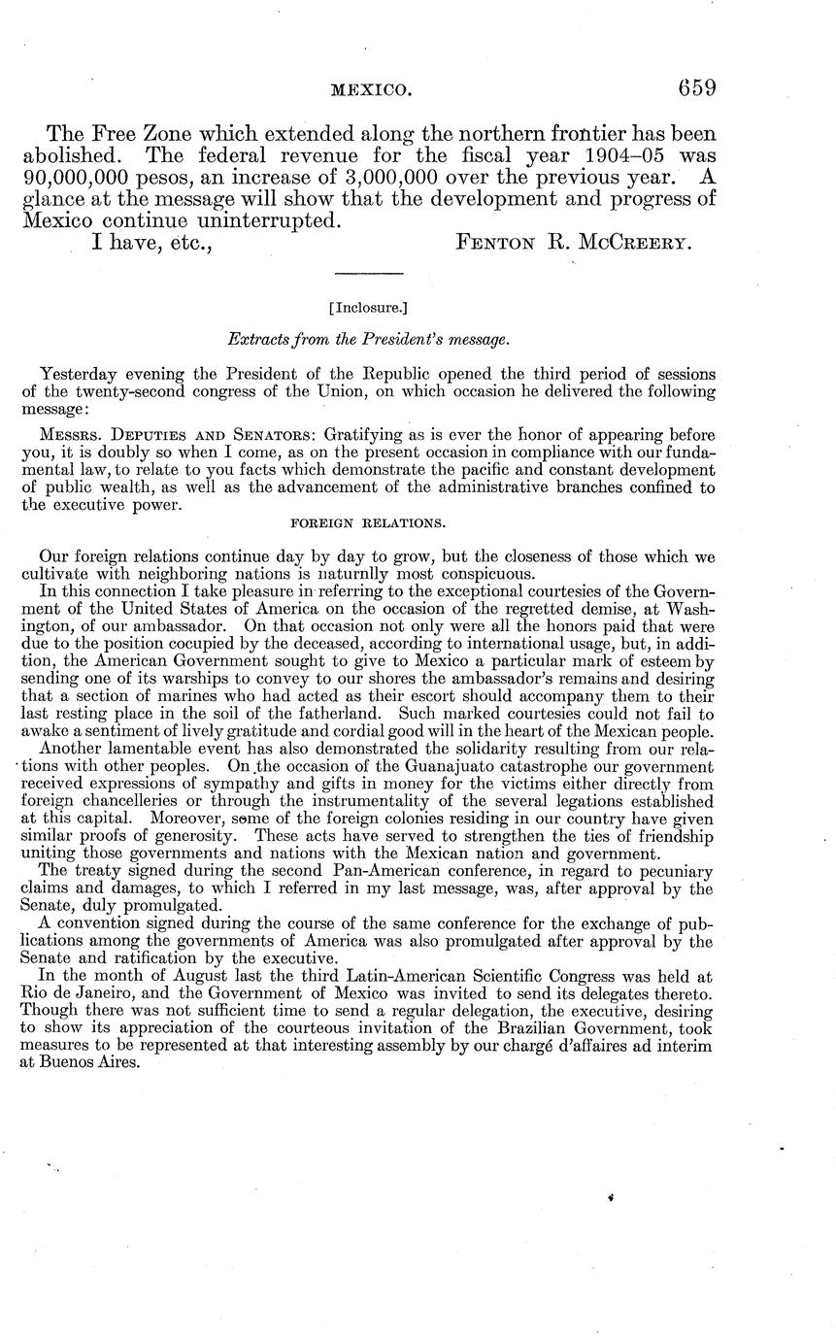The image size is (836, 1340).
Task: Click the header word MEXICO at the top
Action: point(372,90)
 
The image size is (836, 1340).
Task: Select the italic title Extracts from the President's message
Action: point(367,341)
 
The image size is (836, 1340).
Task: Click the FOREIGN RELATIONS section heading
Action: point(369,522)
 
